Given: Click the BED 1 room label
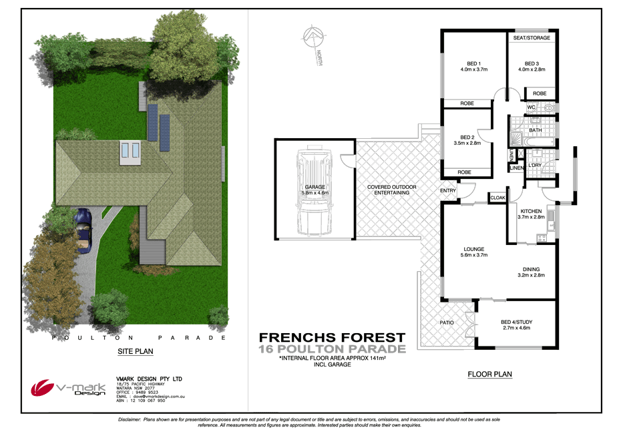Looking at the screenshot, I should [474, 63].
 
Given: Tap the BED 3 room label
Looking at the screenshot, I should [532, 63].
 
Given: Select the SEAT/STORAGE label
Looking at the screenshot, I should [532, 38].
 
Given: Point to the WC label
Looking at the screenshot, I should [532, 107].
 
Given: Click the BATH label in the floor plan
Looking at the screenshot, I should [535, 130].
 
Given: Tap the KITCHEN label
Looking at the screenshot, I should [531, 211].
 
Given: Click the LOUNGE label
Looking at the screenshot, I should [473, 248].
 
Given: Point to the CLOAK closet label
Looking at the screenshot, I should [497, 198].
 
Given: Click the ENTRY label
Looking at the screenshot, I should [447, 191].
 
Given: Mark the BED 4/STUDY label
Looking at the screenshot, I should [516, 322].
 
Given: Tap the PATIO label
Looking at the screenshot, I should [447, 322].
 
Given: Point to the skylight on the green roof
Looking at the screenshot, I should [129, 153].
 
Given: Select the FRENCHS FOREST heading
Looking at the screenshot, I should [331, 338].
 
